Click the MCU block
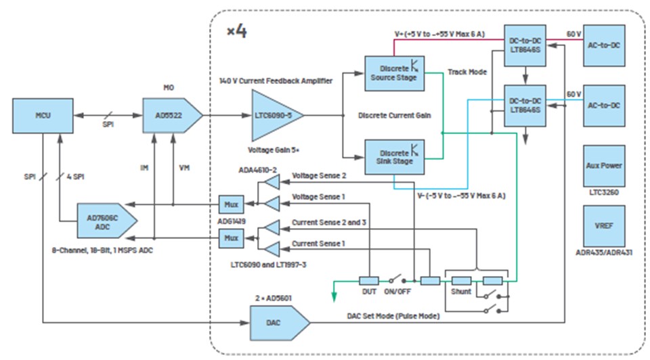click(x=44, y=116)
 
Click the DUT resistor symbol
click(x=369, y=280)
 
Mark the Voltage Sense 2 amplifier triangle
click(x=272, y=183)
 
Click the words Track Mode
click(x=467, y=71)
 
